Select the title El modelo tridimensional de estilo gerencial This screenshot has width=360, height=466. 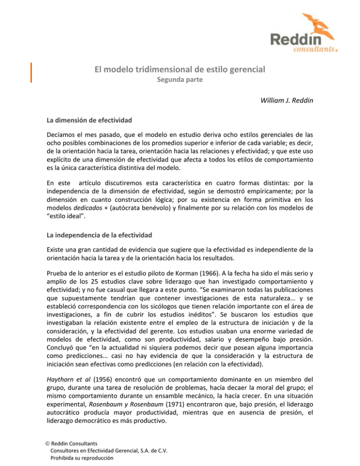coord(180,70)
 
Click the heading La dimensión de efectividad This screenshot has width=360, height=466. coord(87,120)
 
